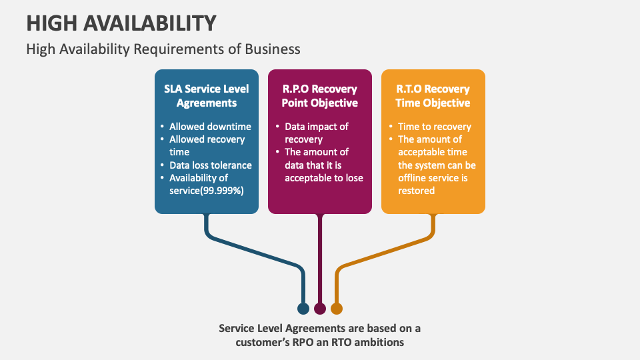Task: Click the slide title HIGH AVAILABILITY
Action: [x=121, y=23]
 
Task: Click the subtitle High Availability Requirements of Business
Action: [x=163, y=49]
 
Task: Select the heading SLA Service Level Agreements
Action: [x=206, y=95]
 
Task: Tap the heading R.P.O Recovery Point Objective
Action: [x=319, y=95]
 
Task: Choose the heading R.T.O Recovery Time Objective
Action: [x=433, y=95]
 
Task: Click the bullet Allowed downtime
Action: [x=210, y=127]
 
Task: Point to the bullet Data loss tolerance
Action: [x=210, y=165]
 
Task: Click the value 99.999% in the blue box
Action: [x=222, y=191]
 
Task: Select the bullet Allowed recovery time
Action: [x=207, y=146]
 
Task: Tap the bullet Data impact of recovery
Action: [x=317, y=133]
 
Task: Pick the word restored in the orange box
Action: [x=417, y=191]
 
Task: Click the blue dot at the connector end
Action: [x=303, y=309]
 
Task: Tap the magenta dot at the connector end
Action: [x=320, y=309]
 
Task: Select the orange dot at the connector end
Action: [x=337, y=309]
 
